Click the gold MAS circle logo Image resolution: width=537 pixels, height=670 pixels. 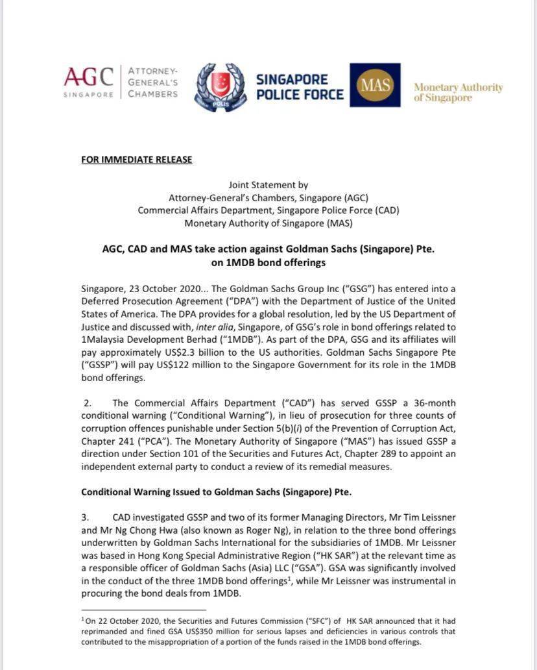click(375, 86)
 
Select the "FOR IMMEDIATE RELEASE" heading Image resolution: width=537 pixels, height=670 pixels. click(136, 159)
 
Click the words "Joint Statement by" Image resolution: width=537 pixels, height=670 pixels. click(268, 184)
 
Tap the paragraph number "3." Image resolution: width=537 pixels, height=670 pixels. click(87, 517)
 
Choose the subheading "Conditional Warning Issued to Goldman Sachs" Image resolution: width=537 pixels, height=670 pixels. click(216, 491)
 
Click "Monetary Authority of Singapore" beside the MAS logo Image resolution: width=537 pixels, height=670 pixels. click(458, 92)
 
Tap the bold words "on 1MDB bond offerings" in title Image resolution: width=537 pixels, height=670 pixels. click(268, 263)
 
